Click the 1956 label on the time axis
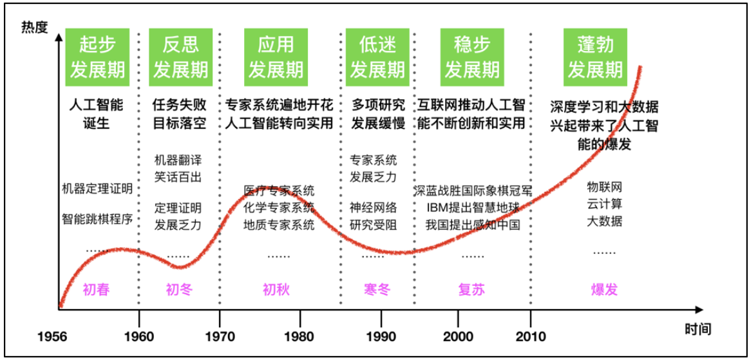pyautogui.click(x=52, y=336)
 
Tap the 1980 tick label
pyautogui.click(x=299, y=336)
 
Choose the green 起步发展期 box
pyautogui.click(x=97, y=57)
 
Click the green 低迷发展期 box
pyautogui.click(x=377, y=57)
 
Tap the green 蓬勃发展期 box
pyautogui.click(x=595, y=57)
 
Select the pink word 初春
pyautogui.click(x=96, y=289)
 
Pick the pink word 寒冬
pyautogui.click(x=377, y=289)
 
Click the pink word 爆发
pyautogui.click(x=603, y=289)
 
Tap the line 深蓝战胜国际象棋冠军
pyautogui.click(x=473, y=191)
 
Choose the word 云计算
pyautogui.click(x=604, y=204)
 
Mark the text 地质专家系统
pyautogui.click(x=279, y=225)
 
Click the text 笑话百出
pyautogui.click(x=178, y=175)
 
